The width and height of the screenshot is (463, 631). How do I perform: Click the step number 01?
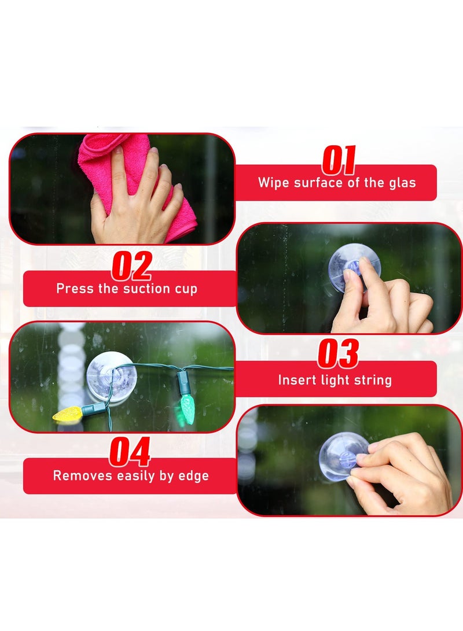coord(339,161)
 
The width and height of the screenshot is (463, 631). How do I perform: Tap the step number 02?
coord(131,265)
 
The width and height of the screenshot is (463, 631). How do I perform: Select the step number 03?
coord(338,354)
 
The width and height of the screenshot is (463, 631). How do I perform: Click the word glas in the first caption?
coord(403,183)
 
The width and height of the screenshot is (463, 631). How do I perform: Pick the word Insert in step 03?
coord(294,380)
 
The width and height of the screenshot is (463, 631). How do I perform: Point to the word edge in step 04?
coord(195,476)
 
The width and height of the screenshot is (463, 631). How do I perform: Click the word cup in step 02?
coord(186,289)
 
